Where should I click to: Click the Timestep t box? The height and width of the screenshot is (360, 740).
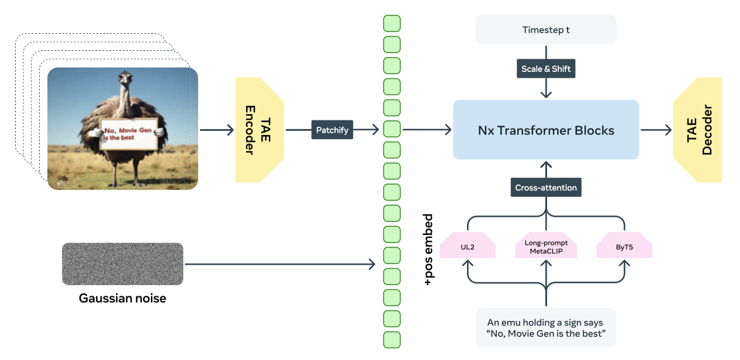[x=546, y=29]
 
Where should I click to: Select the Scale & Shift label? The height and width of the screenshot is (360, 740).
[x=546, y=69]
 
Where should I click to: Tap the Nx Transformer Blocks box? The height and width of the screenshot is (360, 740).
[x=546, y=130]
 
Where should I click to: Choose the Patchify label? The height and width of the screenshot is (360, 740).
[x=332, y=130]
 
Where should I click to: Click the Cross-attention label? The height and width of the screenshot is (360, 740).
[x=546, y=188]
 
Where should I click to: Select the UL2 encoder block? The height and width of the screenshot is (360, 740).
[x=468, y=247]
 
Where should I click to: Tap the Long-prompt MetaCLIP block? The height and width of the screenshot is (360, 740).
[x=546, y=247]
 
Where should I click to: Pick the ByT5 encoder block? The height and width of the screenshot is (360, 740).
[x=624, y=247]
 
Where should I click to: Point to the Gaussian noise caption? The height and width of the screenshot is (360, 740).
[x=122, y=299]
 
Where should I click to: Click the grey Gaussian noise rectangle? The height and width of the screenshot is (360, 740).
[x=122, y=264]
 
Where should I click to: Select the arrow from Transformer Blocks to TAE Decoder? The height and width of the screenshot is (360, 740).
[x=656, y=130]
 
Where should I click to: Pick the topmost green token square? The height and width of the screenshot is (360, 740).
[x=392, y=23]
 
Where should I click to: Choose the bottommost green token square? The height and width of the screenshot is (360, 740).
[x=392, y=340]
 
